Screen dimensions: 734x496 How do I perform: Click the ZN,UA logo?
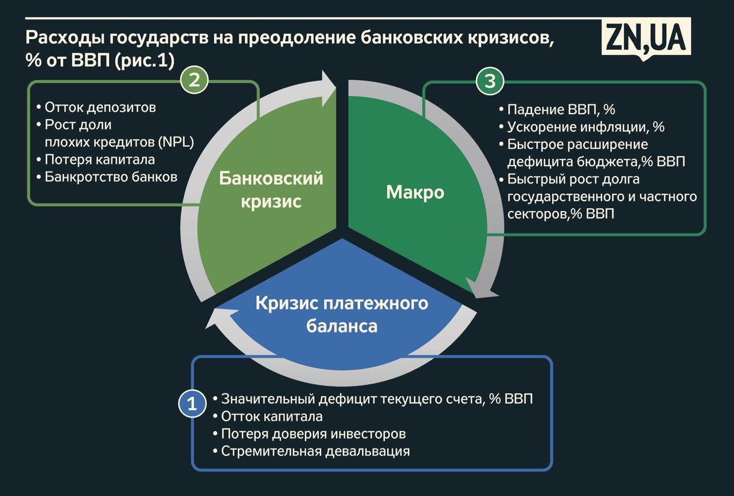[x=646, y=38]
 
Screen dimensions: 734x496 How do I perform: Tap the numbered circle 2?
[x=194, y=80]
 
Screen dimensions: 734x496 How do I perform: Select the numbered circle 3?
[x=490, y=81]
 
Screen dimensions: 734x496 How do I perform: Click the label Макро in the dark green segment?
[x=415, y=192]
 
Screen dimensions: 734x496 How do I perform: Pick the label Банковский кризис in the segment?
[x=271, y=189]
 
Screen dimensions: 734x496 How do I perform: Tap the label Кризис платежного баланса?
[x=342, y=314]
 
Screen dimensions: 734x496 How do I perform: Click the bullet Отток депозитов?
[x=96, y=107]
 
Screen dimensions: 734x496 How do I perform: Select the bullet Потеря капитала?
[x=95, y=160]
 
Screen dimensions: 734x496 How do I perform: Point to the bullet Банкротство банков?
[x=107, y=177]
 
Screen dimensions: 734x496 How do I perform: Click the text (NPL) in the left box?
[x=176, y=143]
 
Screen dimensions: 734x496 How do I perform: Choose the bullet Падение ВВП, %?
[x=557, y=110]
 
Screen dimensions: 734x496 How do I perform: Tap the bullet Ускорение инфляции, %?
[x=581, y=127]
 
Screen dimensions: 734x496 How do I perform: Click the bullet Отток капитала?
[x=268, y=417]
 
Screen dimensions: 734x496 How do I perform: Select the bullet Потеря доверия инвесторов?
[x=309, y=434]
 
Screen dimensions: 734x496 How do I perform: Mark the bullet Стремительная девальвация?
[x=311, y=451]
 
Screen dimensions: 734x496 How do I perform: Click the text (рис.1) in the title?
[x=145, y=61]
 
